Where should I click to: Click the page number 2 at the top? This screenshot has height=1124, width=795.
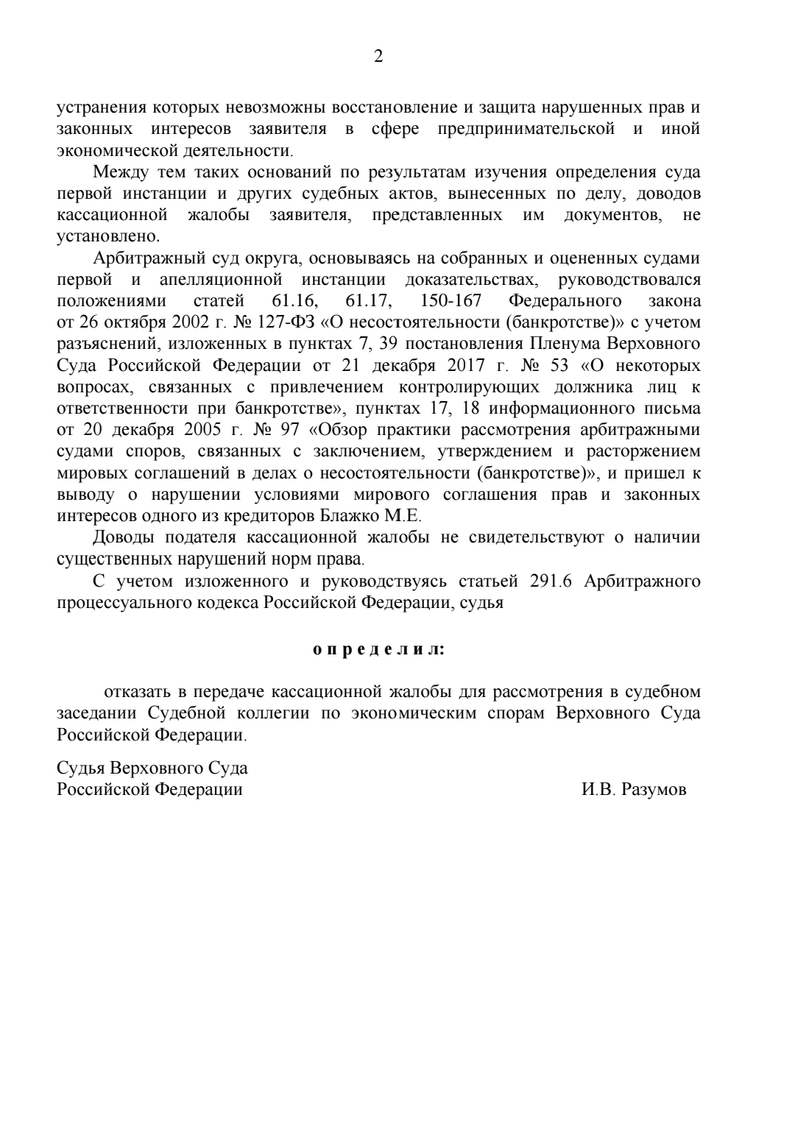pyautogui.click(x=378, y=57)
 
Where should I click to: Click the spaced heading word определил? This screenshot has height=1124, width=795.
pyautogui.click(x=379, y=650)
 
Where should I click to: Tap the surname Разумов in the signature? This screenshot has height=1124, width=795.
pyautogui.click(x=654, y=790)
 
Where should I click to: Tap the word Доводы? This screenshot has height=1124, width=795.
pyautogui.click(x=124, y=537)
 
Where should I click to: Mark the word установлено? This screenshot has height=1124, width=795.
pyautogui.click(x=107, y=237)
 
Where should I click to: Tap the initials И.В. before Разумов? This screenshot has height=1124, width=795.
pyautogui.click(x=597, y=790)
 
